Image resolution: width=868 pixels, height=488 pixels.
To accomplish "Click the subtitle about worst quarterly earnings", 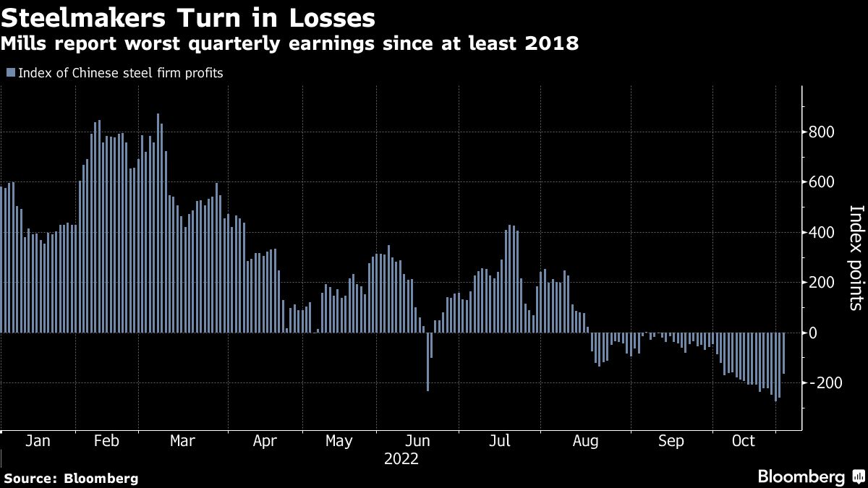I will pyautogui.click(x=289, y=44).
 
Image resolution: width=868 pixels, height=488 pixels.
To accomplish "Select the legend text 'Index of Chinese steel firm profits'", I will pyautogui.click(x=120, y=72).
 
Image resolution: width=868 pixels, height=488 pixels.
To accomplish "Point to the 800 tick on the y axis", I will pyautogui.click(x=823, y=132).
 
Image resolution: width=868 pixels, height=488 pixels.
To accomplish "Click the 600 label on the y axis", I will pyautogui.click(x=823, y=182).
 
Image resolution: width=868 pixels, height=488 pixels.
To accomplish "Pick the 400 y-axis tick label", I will pyautogui.click(x=823, y=233).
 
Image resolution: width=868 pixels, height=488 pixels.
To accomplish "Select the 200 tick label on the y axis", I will pyautogui.click(x=823, y=283).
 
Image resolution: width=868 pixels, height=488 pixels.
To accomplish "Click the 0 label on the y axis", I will pyautogui.click(x=814, y=333).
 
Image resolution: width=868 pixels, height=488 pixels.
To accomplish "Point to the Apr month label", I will pyautogui.click(x=265, y=441).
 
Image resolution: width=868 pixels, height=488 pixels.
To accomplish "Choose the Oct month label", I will pyautogui.click(x=743, y=441).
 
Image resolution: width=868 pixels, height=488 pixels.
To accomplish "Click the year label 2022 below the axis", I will pyautogui.click(x=401, y=458).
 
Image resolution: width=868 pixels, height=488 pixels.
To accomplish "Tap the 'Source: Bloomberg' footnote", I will pyautogui.click(x=71, y=478).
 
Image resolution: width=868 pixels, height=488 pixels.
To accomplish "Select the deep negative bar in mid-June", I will pyautogui.click(x=427, y=361).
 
